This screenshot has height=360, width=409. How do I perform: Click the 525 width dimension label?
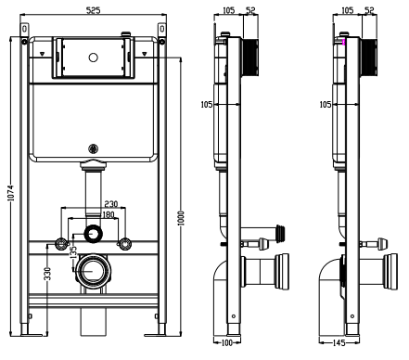[93, 10]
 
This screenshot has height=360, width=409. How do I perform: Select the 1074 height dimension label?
[11, 193]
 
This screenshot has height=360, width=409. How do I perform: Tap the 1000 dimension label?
[181, 218]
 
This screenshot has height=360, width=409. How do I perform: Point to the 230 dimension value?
[111, 204]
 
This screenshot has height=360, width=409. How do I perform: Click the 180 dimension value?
[109, 214]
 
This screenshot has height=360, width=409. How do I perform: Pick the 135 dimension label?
[73, 252]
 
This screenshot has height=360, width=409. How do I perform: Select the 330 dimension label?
[47, 274]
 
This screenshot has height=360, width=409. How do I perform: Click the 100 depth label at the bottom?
[227, 342]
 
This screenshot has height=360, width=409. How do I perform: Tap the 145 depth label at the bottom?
[339, 342]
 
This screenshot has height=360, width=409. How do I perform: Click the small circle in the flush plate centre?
[93, 58]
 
